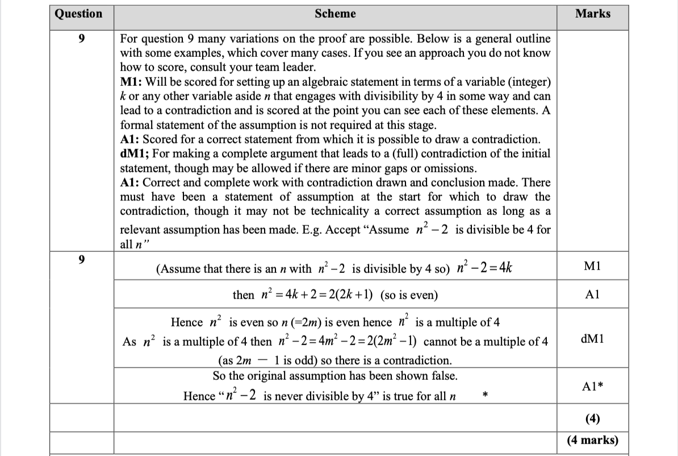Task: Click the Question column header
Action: [x=78, y=14]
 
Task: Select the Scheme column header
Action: [x=335, y=14]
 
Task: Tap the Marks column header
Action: [x=592, y=14]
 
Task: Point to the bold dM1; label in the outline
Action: [x=135, y=154]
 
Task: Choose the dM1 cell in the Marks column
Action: [x=592, y=339]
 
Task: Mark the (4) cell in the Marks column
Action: [x=592, y=419]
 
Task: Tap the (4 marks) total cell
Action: [x=592, y=440]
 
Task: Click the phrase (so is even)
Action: [x=409, y=296]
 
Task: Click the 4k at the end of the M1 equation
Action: [x=504, y=268]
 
